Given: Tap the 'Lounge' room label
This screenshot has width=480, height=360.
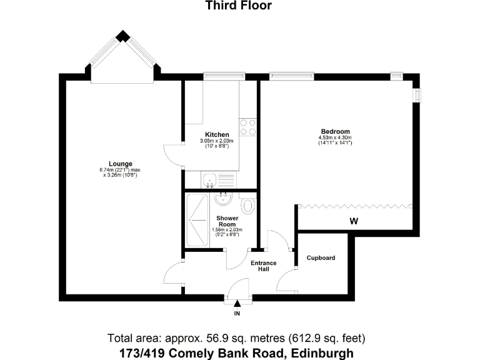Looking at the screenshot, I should [120, 164].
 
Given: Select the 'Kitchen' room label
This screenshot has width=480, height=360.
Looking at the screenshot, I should [217, 135].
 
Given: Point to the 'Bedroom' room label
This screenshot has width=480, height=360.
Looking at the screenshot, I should [335, 131].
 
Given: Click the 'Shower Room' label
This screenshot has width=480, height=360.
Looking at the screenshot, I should [226, 221].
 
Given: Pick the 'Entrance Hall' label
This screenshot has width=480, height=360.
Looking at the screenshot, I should [263, 266].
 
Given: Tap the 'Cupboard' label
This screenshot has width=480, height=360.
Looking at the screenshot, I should [321, 257].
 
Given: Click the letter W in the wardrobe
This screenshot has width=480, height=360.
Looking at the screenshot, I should [354, 221].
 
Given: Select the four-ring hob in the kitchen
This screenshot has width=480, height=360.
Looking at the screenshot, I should [248, 127].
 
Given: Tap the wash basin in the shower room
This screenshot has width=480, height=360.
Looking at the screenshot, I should [222, 199].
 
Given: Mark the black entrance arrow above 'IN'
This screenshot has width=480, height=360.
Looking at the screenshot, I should [237, 303].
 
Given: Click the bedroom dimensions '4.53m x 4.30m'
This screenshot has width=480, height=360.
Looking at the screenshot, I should [335, 137].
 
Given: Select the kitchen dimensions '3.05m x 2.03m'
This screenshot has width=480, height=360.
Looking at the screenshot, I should [217, 141].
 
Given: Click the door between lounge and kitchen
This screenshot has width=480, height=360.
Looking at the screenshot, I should [173, 154].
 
